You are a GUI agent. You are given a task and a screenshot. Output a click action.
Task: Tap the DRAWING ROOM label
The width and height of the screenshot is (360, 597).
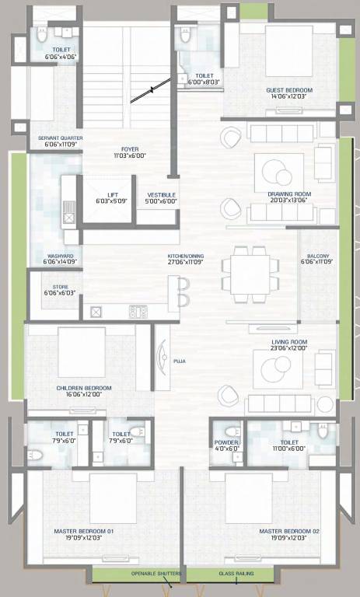(289, 194)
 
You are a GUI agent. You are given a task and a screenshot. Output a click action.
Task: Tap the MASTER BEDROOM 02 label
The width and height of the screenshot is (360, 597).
(289, 532)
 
